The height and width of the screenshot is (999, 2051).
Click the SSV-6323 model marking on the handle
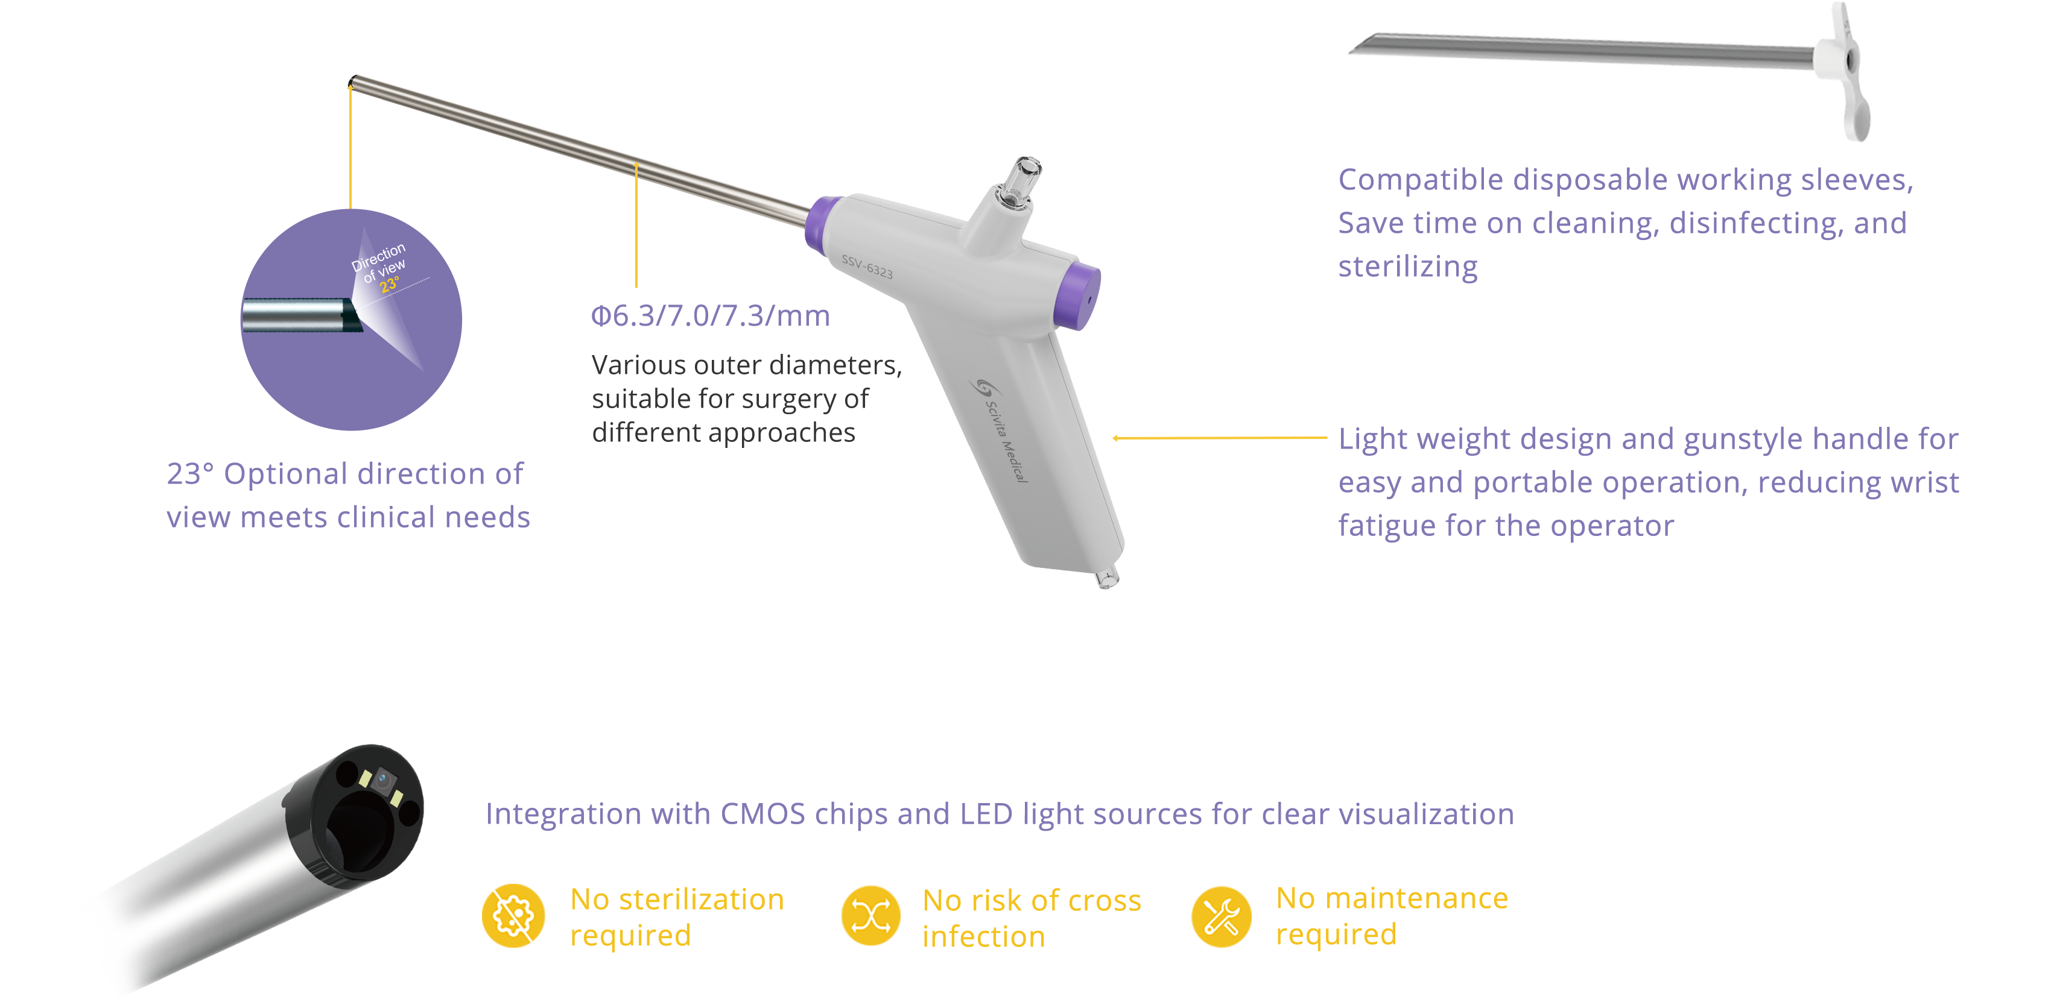867,266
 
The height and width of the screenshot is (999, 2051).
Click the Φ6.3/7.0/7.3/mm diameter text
710,316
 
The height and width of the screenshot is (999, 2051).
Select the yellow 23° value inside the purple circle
389,284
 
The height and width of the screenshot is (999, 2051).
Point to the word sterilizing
1408,266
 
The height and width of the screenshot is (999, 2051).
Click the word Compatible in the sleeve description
1421,180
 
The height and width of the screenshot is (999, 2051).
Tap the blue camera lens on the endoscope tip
382,778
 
